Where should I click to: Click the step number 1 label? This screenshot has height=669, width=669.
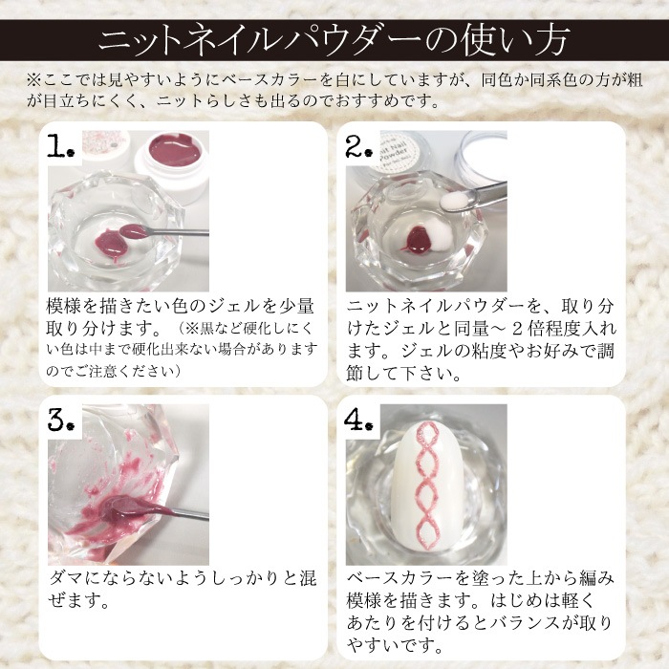point(61,145)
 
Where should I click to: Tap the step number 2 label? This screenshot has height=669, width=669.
point(359,145)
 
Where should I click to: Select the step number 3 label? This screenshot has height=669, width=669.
point(61,420)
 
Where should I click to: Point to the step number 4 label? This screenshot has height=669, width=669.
point(358,420)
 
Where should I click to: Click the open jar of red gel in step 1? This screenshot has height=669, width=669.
point(172,165)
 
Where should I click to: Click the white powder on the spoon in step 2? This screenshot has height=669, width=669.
point(454,201)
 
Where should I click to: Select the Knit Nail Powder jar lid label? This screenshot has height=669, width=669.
point(399,152)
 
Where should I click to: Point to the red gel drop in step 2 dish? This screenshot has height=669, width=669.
point(417,239)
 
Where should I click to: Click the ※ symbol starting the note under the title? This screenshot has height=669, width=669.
point(33,80)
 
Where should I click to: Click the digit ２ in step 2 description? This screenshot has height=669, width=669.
point(517,329)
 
